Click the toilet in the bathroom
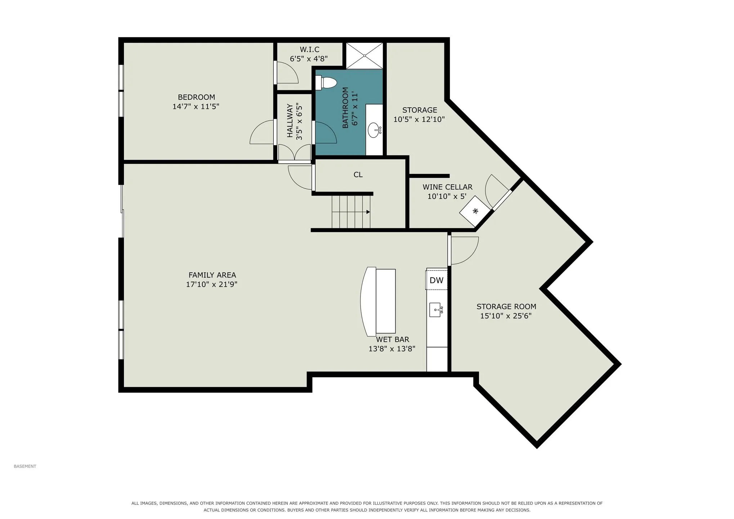pos(326,83)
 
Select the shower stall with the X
pos(364,55)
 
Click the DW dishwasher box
pos(437,280)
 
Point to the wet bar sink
pos(436,310)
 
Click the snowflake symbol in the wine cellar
pos(475,211)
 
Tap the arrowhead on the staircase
pos(368,212)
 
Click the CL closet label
pos(358,175)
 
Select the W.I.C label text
pos(309,49)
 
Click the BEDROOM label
pos(196,97)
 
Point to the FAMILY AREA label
pos(212,275)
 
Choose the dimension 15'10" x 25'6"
pos(506,316)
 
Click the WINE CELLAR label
pos(447,187)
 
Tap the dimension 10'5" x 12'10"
pos(419,120)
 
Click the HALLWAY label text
pos(290,121)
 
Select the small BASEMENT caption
pos(25,466)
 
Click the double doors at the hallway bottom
pos(295,152)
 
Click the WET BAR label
pos(393,339)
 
